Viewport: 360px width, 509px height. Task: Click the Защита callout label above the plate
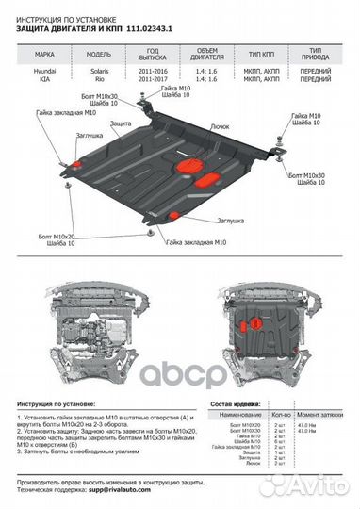(x=120, y=123)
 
